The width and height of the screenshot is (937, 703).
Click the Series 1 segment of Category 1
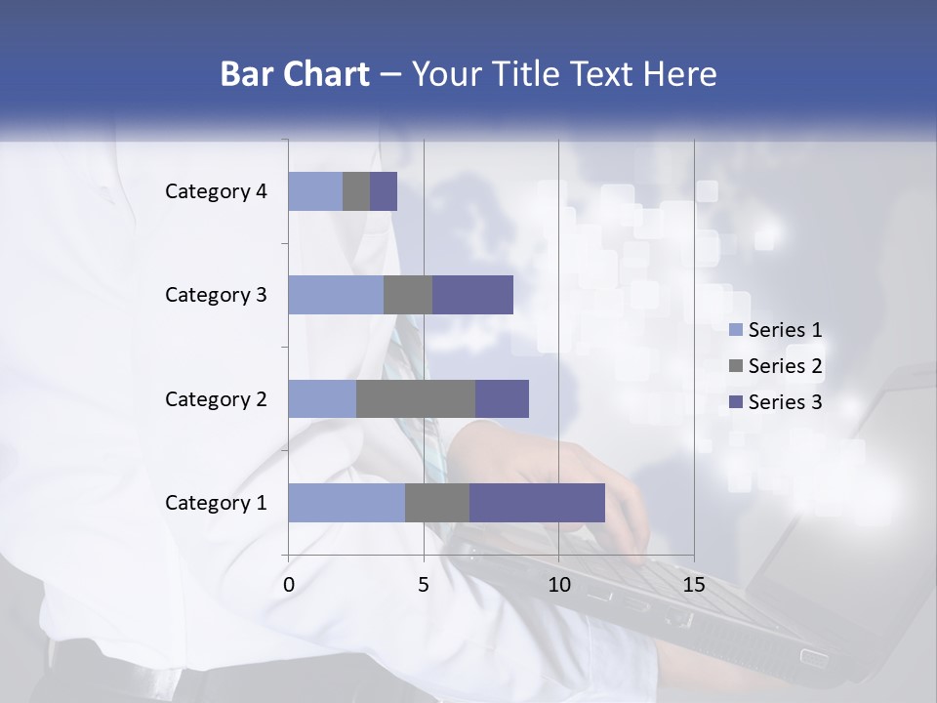[346, 502]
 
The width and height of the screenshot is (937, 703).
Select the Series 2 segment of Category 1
[437, 502]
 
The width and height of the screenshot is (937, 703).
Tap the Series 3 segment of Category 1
[537, 502]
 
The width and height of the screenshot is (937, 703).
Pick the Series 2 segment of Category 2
[416, 398]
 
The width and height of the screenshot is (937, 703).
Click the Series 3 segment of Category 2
[502, 398]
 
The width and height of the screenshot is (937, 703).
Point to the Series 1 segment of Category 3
[336, 295]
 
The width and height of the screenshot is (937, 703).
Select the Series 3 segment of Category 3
[472, 295]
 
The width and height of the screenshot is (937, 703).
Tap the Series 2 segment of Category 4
[356, 191]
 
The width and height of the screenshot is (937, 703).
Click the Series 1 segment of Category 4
[315, 191]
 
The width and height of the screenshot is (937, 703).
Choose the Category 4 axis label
[216, 191]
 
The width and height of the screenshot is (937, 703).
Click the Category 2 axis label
[216, 398]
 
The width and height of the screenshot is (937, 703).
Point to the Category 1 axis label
[216, 503]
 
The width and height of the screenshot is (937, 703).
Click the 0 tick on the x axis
[289, 585]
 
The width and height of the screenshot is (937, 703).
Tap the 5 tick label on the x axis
[424, 585]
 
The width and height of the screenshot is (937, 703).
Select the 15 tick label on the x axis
[694, 585]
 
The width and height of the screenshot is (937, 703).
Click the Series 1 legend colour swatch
[735, 330]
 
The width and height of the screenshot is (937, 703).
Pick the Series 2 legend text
[785, 366]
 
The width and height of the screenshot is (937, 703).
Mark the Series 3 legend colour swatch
[735, 402]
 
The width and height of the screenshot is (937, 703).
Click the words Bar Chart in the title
[294, 74]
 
